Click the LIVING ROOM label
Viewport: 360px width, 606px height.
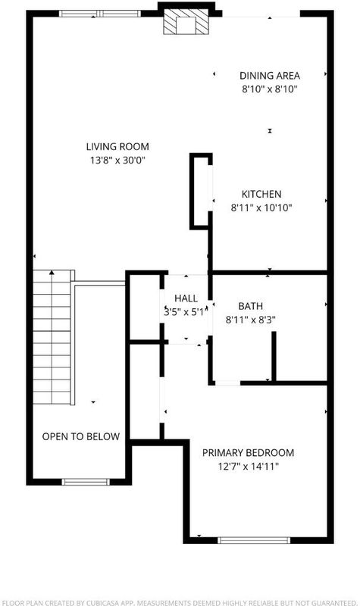tap(117, 146)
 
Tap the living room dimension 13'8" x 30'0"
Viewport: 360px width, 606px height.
tap(117, 160)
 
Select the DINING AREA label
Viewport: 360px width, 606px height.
tap(270, 76)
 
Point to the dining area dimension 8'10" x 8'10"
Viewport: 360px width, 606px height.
tap(270, 89)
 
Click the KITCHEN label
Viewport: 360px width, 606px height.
tap(261, 194)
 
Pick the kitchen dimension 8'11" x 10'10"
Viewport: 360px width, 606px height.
tap(261, 208)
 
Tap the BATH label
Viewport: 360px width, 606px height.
tap(251, 306)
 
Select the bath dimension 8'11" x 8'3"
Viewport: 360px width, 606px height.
tap(251, 320)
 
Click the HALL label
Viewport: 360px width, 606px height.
tap(186, 298)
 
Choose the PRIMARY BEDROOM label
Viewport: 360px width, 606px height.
tap(249, 452)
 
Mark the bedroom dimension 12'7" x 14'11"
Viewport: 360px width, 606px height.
tap(249, 467)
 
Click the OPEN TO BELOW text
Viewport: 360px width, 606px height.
tap(81, 437)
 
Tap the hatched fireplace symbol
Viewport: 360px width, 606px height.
tap(186, 22)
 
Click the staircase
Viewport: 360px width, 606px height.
tap(52, 337)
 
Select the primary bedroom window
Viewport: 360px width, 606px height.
tap(254, 540)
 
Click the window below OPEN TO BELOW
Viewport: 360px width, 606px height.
tap(86, 482)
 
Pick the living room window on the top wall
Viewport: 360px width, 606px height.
tap(100, 14)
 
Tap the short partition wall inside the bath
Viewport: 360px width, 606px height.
tap(274, 356)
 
